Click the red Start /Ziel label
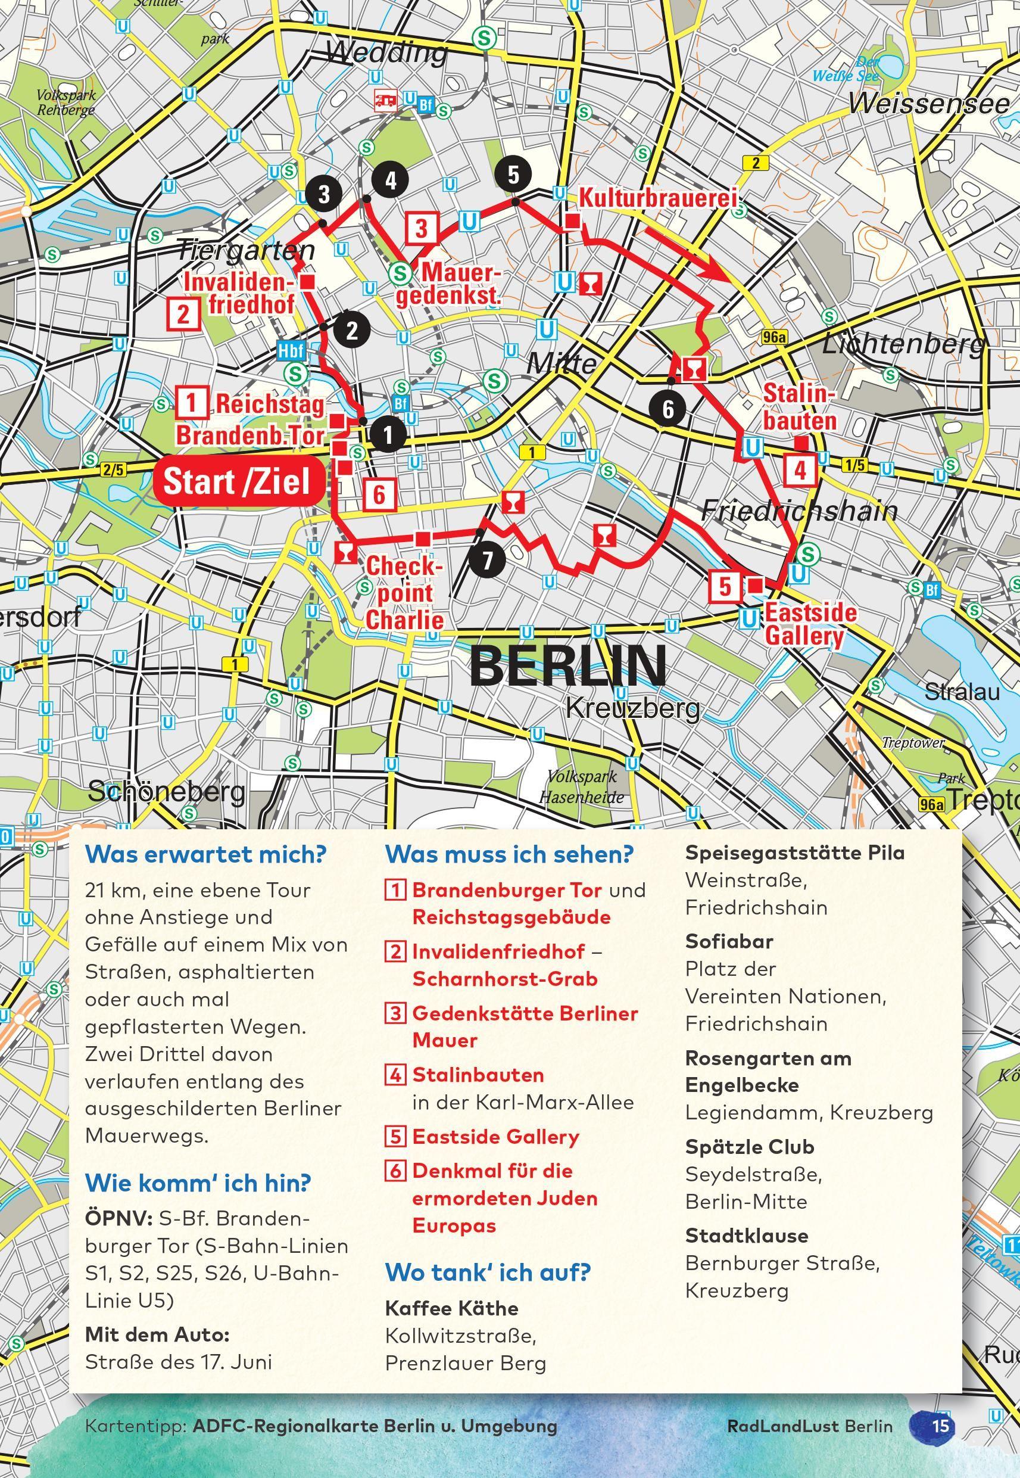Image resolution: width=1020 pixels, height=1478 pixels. click(x=236, y=481)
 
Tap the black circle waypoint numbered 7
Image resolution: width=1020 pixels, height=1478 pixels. click(x=487, y=560)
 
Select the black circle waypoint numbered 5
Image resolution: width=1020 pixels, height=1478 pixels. click(x=513, y=174)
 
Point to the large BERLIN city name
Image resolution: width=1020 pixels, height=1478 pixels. click(x=567, y=665)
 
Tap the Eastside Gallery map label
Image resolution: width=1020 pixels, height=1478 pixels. click(x=810, y=624)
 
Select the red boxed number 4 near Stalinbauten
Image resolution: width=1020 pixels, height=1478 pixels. click(x=800, y=471)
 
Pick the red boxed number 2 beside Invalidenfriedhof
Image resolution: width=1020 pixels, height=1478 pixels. click(x=183, y=315)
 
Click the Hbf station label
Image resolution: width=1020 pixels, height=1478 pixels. click(x=291, y=350)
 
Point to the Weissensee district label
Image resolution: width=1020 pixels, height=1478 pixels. click(x=930, y=104)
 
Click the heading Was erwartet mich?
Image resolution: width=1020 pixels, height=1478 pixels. click(x=206, y=854)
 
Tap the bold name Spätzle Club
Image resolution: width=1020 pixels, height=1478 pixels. click(x=750, y=1147)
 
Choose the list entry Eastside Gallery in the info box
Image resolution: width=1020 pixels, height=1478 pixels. click(x=495, y=1137)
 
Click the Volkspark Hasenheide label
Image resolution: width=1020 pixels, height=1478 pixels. click(x=582, y=787)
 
